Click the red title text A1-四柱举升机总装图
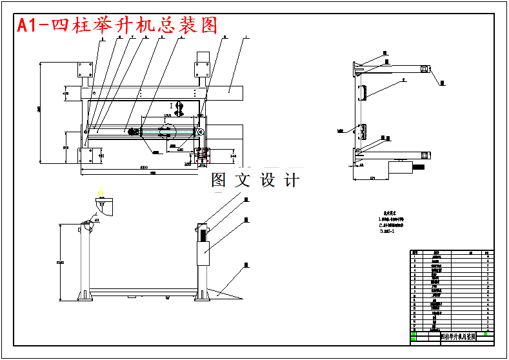click(x=117, y=25)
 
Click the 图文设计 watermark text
click(x=255, y=180)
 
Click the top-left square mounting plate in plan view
click(x=84, y=70)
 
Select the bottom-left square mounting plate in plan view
click(x=85, y=155)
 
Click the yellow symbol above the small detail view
click(x=99, y=192)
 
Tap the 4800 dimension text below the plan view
click(x=148, y=168)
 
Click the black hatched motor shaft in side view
click(x=419, y=169)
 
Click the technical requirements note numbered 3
click(x=388, y=231)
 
